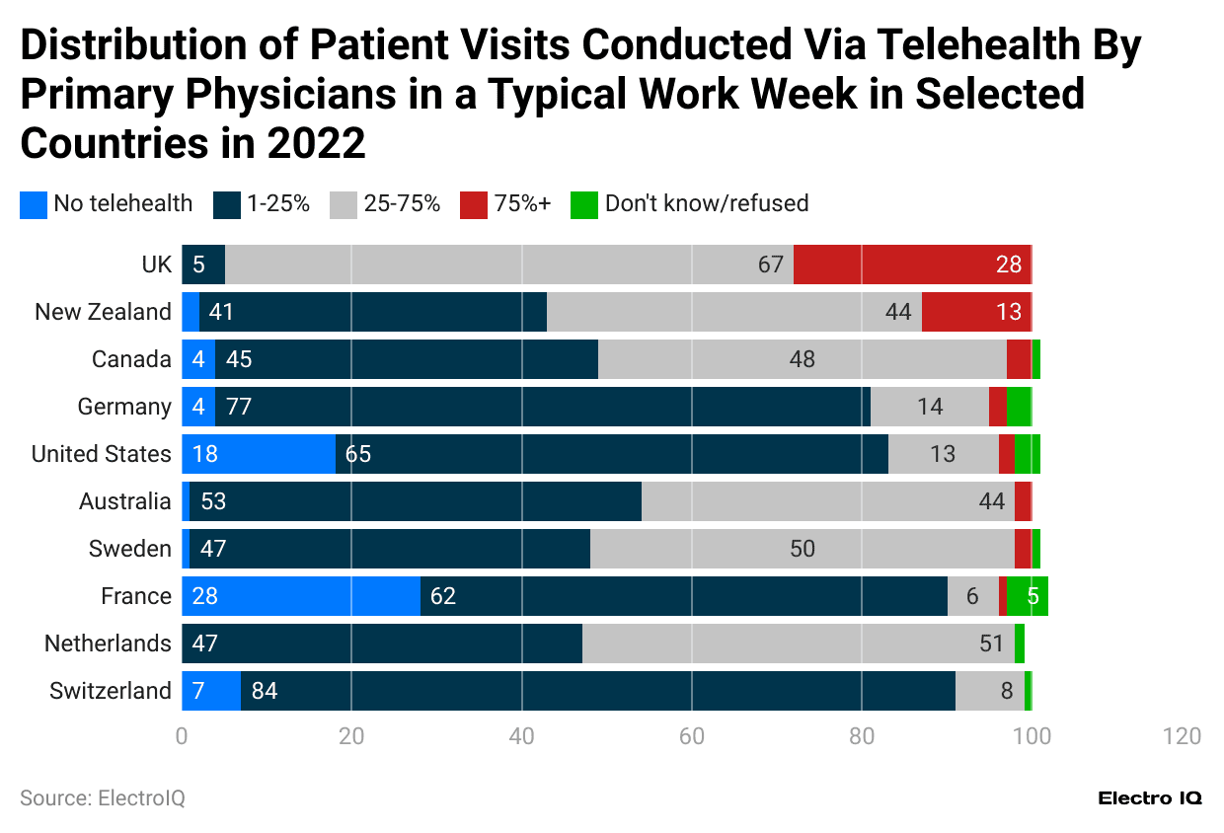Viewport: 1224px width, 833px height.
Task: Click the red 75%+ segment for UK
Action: click(x=911, y=265)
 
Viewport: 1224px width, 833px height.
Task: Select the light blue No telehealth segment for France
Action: click(x=301, y=596)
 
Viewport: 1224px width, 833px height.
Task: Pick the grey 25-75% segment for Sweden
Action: click(x=802, y=549)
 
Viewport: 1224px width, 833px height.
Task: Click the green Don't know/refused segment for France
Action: click(x=1028, y=596)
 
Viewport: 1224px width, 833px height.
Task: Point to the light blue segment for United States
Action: click(x=259, y=454)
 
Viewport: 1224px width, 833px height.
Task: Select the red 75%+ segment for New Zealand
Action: click(x=976, y=312)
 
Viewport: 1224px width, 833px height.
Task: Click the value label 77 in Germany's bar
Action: click(x=240, y=407)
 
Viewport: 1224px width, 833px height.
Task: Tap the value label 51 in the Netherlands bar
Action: click(x=991, y=644)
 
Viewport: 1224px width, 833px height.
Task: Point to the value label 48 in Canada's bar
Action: click(x=802, y=359)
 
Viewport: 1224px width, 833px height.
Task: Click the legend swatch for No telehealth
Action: click(x=34, y=204)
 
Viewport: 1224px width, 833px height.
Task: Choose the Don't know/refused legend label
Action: click(x=706, y=204)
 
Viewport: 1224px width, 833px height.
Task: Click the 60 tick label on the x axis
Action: click(x=691, y=736)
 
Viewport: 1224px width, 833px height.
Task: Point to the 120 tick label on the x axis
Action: click(x=1182, y=736)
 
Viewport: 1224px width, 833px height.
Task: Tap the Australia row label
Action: click(x=124, y=501)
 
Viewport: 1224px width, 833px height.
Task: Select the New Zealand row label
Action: click(x=103, y=312)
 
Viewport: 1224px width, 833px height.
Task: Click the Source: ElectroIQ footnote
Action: click(x=103, y=797)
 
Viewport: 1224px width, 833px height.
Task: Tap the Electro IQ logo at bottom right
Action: click(x=1150, y=798)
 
